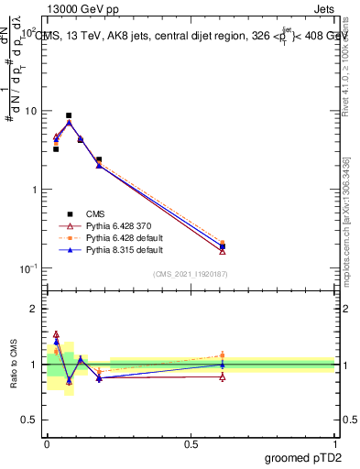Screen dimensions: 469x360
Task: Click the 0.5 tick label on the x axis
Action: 190,442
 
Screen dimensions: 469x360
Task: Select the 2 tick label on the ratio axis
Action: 33,310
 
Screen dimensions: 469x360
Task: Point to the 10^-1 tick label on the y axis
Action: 27,268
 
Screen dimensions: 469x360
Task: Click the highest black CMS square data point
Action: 69,115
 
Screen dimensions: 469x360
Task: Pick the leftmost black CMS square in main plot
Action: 56,148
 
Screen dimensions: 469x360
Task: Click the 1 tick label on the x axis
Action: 335,442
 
